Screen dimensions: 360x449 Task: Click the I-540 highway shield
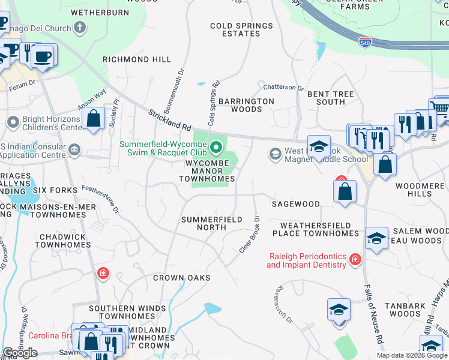click(x=365, y=42)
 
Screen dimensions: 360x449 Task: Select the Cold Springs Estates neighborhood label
click(x=241, y=30)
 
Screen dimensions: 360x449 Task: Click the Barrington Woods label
click(x=246, y=106)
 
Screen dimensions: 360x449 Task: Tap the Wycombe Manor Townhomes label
click(x=209, y=171)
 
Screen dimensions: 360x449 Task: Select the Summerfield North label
click(x=212, y=223)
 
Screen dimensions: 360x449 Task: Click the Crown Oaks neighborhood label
click(x=181, y=278)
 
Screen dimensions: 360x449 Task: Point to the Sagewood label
click(x=295, y=204)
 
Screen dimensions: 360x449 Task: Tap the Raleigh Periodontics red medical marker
click(x=356, y=259)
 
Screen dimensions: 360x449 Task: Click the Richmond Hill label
click(x=137, y=60)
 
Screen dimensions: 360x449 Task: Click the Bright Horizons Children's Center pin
click(x=13, y=122)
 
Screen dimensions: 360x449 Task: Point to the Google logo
click(x=19, y=353)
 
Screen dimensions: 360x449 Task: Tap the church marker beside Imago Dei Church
click(x=80, y=27)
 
